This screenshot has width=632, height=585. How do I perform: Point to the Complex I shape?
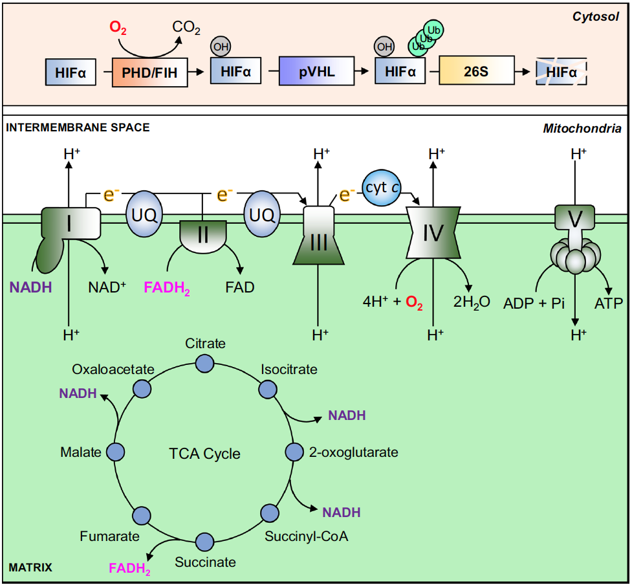[x=68, y=226]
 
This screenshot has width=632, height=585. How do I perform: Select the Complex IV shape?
[x=433, y=232]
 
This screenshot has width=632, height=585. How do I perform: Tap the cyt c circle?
[x=384, y=188]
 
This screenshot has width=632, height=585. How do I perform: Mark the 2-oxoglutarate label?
[x=353, y=452]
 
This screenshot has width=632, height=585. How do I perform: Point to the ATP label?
[x=608, y=302]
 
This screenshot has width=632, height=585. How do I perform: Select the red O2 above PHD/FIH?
[x=118, y=28]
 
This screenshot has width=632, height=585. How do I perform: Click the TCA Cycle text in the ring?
[x=204, y=454]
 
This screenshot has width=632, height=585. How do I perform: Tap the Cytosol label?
[x=596, y=16]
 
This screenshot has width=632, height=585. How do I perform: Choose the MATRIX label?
[x=30, y=568]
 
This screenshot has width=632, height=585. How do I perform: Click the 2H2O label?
[x=472, y=302]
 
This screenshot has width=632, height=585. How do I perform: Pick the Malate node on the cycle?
[x=116, y=452]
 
